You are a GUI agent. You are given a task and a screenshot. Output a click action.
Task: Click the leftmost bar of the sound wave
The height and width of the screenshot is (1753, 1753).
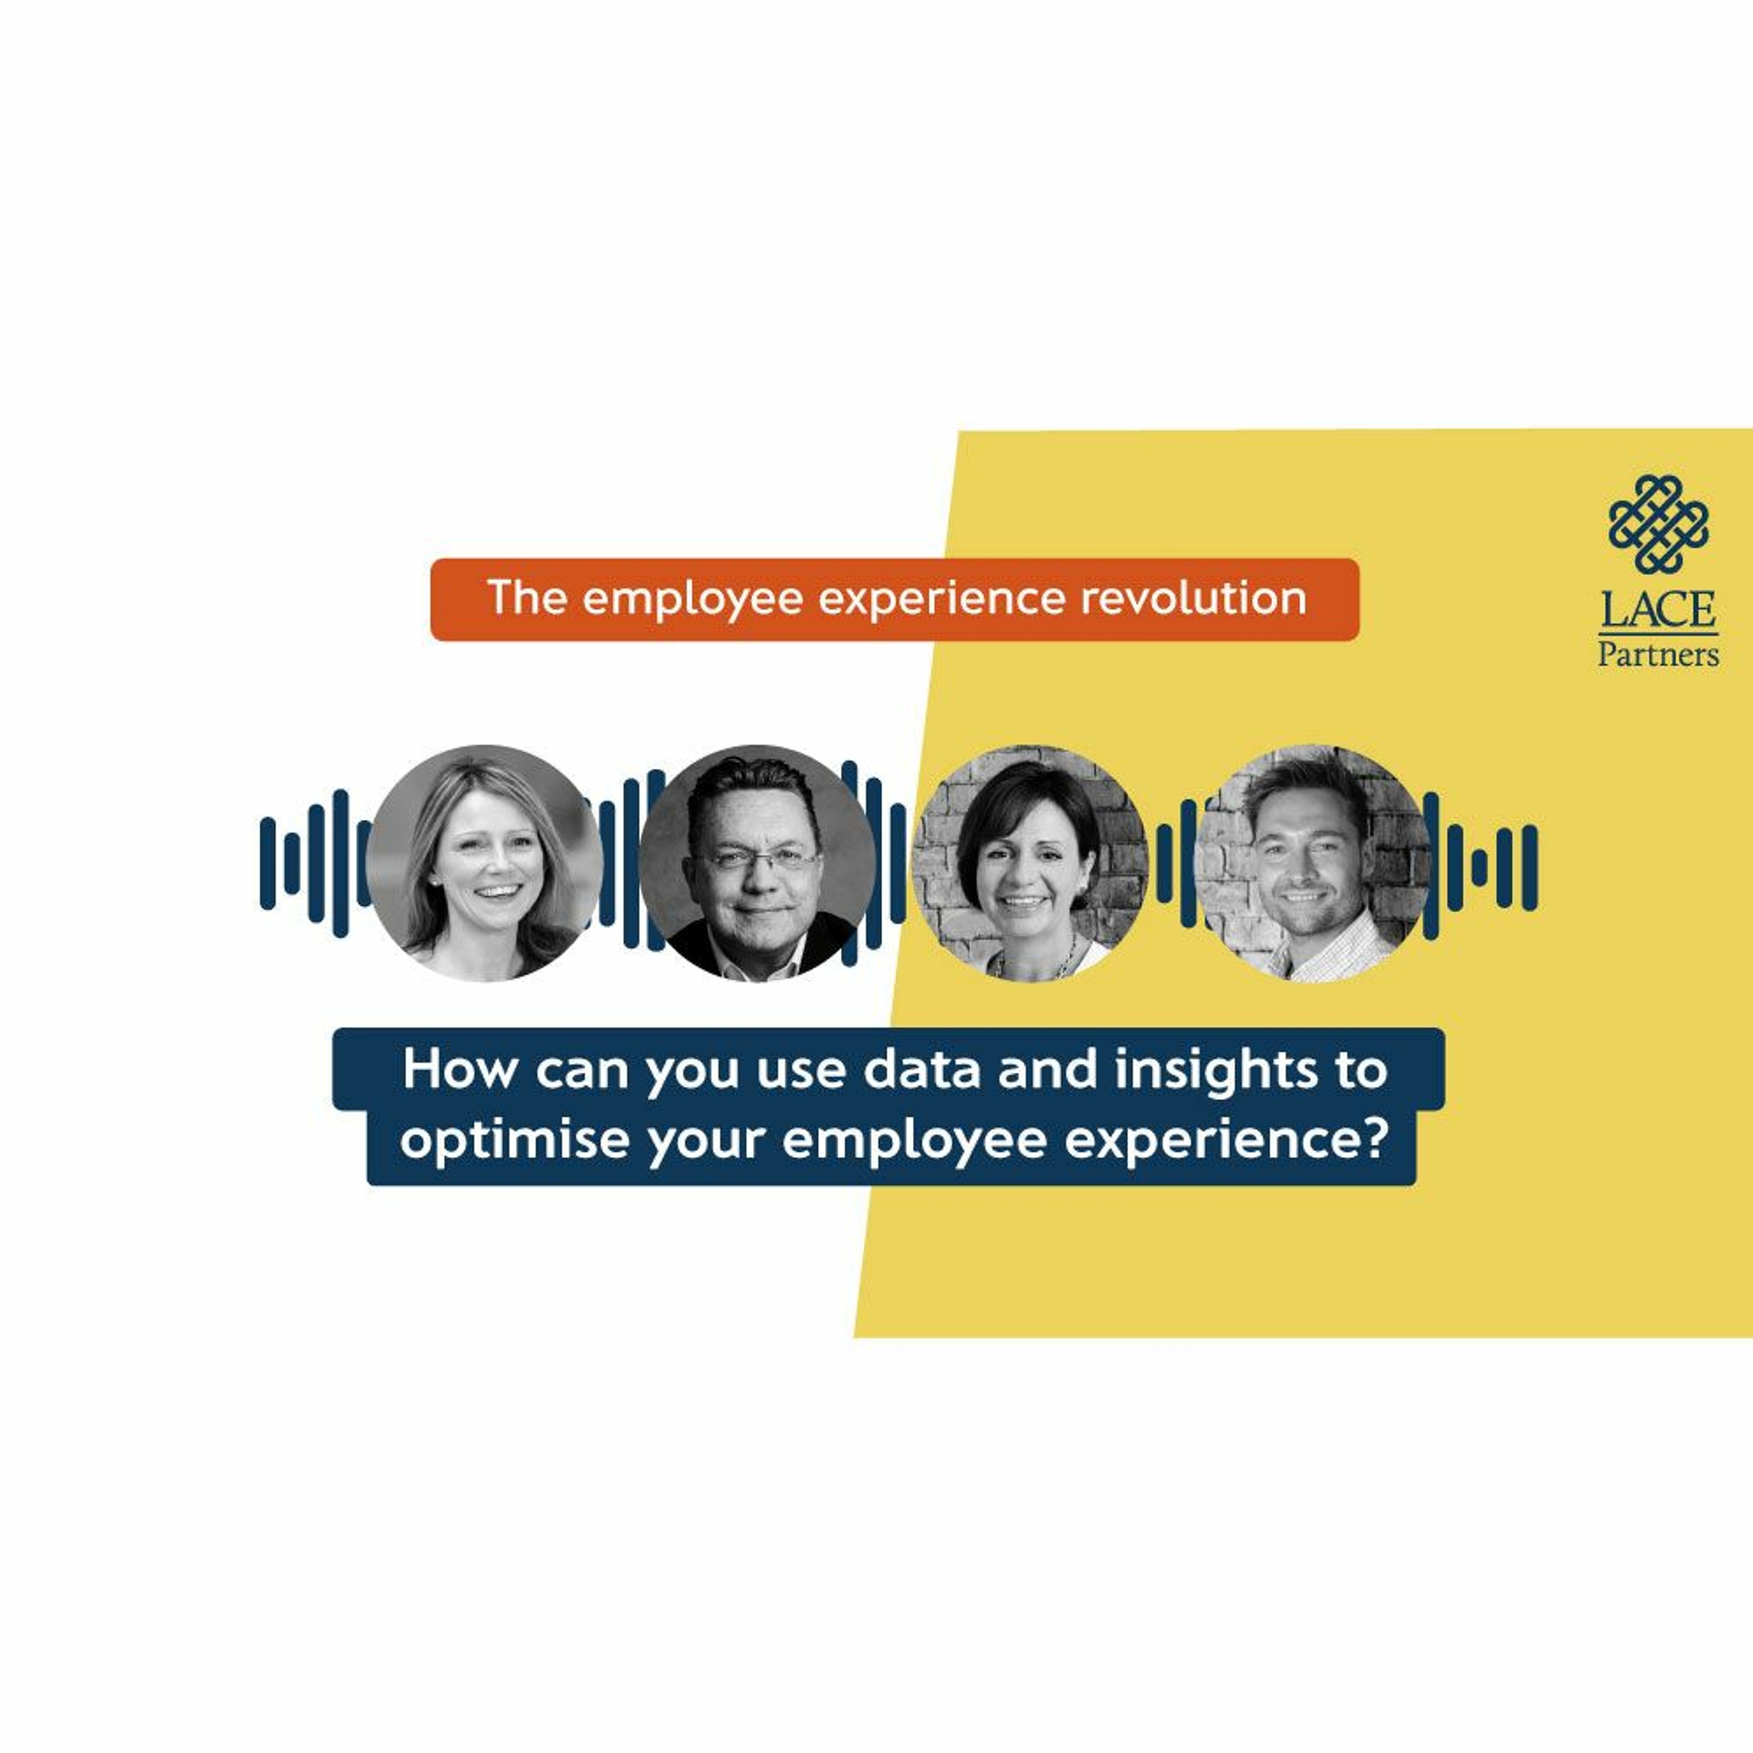coord(267,863)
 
